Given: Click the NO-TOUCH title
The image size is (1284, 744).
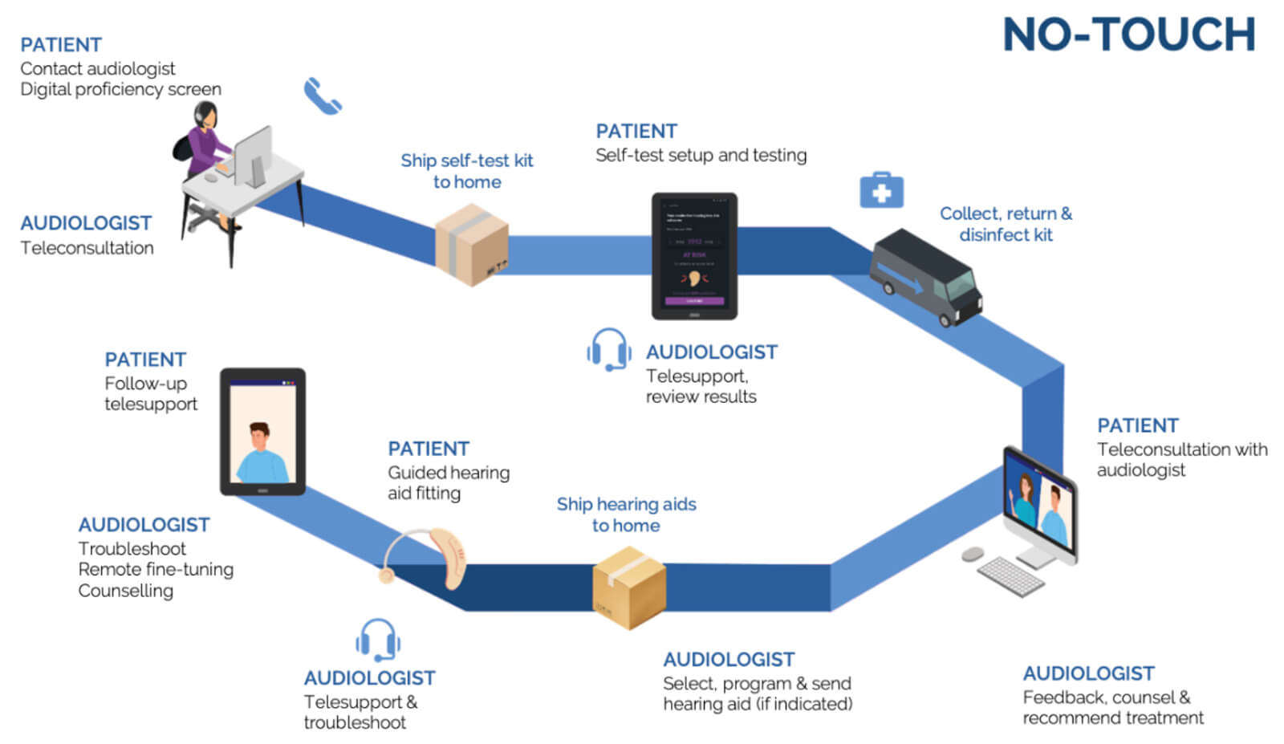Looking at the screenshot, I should point(1128,35).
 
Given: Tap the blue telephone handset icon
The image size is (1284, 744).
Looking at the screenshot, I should point(323,96).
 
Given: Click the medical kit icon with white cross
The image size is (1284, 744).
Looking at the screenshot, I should point(881,191).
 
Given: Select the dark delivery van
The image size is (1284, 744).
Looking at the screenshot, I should point(928,276).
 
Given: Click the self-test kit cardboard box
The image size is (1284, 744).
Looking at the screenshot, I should point(472,244).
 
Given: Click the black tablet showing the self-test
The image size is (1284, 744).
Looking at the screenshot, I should point(694,256).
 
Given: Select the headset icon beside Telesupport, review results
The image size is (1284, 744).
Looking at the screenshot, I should point(609,350).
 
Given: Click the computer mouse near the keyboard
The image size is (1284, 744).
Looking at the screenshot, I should point(973,554).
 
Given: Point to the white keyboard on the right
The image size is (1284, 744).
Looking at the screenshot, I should point(1010,576).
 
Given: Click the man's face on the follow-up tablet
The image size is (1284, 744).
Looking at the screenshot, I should point(259,438).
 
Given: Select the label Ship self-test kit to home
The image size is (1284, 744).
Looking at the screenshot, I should point(467,171).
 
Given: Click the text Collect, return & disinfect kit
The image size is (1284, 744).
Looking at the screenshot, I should point(1006,224).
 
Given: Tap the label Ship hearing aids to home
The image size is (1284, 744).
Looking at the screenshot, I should point(626,514).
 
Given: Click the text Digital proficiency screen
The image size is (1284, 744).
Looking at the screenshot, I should point(120,89).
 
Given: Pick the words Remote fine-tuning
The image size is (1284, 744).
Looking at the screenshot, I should point(156,569).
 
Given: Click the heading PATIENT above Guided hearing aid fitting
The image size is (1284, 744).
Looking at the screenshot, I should point(429,449).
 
